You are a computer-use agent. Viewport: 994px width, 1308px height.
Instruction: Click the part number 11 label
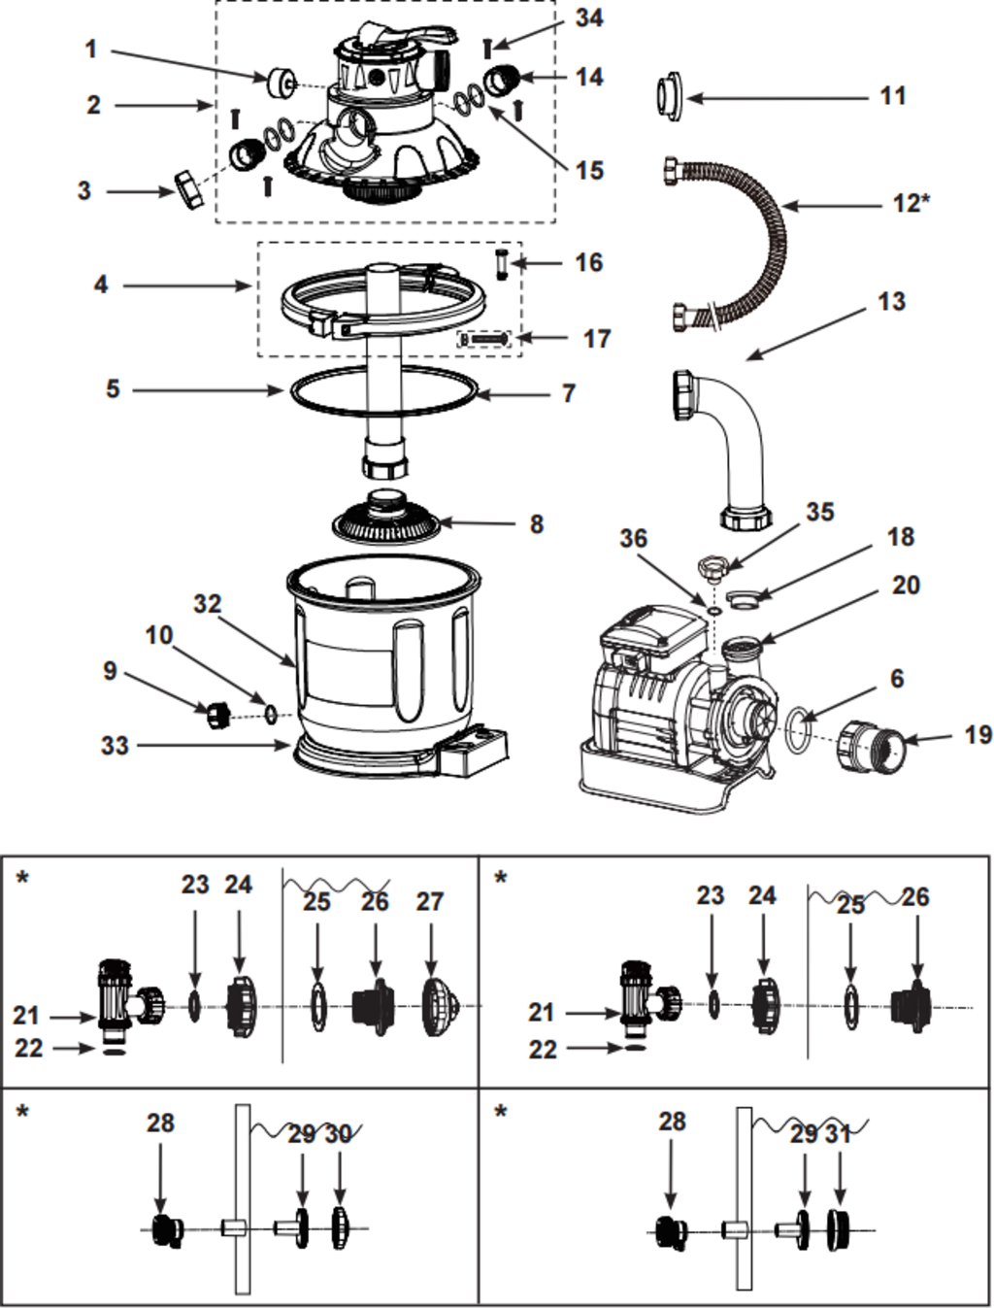click(892, 96)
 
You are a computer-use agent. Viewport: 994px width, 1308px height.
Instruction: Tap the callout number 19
click(977, 735)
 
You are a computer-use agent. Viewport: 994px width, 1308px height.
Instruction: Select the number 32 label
click(207, 604)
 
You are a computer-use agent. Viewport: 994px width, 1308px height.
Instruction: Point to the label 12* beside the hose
click(911, 203)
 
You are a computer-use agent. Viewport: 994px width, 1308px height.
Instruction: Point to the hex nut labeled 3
click(188, 189)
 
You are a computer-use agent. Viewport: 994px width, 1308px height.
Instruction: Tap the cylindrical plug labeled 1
click(282, 83)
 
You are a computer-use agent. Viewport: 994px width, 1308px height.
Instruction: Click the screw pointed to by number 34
click(488, 48)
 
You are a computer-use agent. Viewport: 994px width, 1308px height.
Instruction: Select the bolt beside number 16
click(502, 263)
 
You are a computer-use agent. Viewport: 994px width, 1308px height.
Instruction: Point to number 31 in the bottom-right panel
click(838, 1133)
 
